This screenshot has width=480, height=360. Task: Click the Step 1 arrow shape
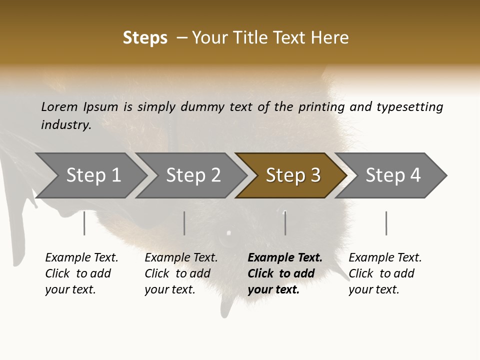click(93, 175)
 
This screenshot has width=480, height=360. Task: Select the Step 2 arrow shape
click(193, 175)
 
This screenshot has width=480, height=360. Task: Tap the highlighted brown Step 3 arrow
click(293, 175)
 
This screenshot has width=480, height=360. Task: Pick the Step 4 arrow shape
click(393, 175)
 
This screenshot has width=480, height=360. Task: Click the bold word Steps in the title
click(145, 38)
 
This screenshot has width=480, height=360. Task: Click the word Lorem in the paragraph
click(59, 106)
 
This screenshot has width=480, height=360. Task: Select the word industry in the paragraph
click(65, 124)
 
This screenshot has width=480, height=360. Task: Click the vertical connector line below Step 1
click(84, 223)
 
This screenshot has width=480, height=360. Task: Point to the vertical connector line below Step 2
click(184, 223)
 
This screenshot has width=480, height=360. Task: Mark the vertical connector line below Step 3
click(285, 223)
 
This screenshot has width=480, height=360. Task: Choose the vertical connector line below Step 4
click(386, 223)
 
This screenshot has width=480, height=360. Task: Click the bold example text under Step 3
click(285, 273)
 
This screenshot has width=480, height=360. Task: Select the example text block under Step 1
click(81, 273)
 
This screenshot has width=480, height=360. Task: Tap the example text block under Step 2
click(181, 273)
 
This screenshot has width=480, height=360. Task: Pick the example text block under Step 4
click(385, 273)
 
